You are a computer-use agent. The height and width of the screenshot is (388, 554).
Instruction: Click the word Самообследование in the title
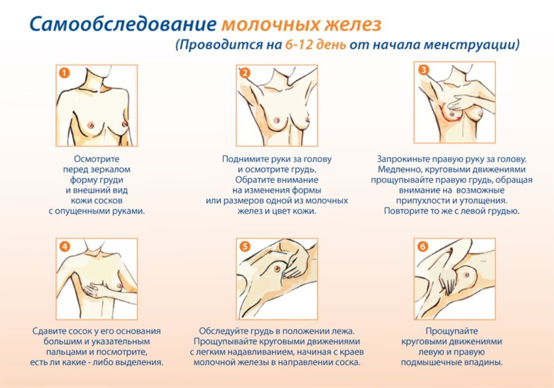point(123,25)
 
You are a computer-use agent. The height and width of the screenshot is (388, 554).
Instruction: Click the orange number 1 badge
point(64,73)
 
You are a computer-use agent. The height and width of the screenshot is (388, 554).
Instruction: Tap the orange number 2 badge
point(244,73)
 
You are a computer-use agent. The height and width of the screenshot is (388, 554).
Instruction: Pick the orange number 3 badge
point(423,70)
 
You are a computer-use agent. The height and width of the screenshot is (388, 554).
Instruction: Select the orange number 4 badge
point(64,247)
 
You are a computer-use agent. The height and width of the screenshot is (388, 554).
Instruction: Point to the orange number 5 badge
point(244,247)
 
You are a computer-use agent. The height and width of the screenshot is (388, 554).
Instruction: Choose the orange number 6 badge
point(423,247)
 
